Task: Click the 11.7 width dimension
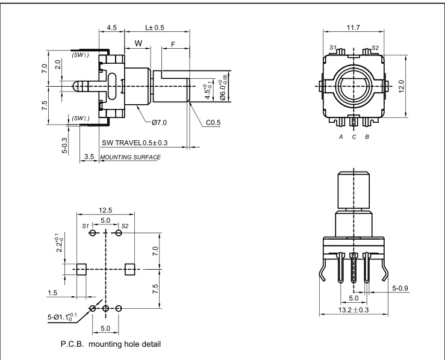tap(353, 28)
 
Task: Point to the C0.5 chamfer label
tap(214, 123)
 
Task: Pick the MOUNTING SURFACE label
tap(130, 157)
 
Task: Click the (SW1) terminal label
tap(81, 55)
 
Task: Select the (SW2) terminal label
tap(80, 118)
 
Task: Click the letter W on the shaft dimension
tap(138, 43)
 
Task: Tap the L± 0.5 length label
tap(155, 28)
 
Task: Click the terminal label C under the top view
tap(354, 137)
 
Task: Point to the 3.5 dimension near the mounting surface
tap(89, 157)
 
